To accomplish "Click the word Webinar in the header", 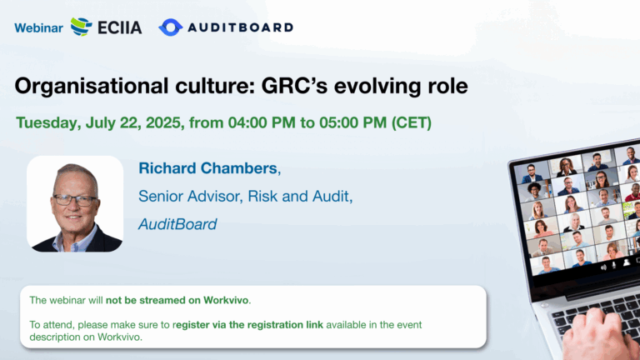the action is (39, 27).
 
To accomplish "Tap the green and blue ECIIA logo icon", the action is (81, 27).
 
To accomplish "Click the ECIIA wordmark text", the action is (120, 27).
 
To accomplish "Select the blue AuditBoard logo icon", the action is (170, 27).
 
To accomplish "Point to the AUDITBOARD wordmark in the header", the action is (240, 27).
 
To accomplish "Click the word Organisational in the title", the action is (92, 86).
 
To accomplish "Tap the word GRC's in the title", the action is (295, 86).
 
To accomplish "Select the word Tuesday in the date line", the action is (48, 122).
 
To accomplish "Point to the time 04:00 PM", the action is (262, 122).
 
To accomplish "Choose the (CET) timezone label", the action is (412, 122).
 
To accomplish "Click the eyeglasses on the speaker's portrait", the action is (75, 200).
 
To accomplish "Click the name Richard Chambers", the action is (207, 168).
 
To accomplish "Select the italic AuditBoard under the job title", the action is (177, 224).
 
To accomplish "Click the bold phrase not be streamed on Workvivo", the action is (177, 300).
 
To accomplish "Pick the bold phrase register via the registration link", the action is (247, 325).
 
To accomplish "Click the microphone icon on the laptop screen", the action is (613, 265).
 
